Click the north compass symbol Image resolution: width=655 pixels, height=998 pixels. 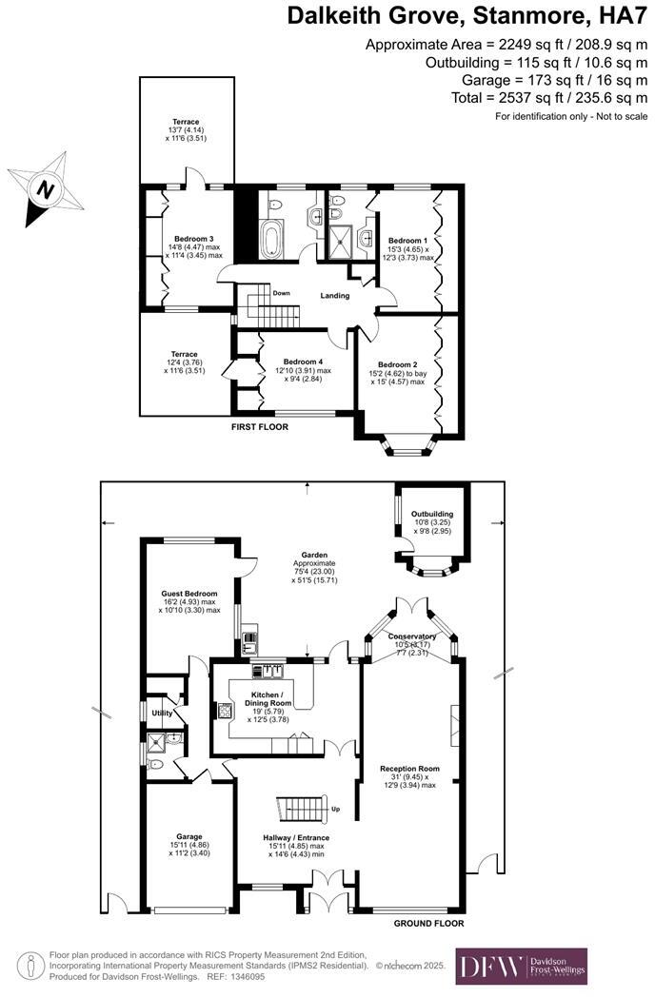pyautogui.click(x=43, y=189)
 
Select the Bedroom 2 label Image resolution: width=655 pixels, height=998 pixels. pyautogui.click(x=398, y=364)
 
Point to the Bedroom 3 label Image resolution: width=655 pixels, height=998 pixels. pyautogui.click(x=193, y=238)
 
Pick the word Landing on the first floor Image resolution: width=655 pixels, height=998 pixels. pyautogui.click(x=335, y=296)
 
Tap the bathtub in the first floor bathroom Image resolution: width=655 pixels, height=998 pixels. pyautogui.click(x=271, y=239)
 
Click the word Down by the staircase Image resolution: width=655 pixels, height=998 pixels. pyautogui.click(x=281, y=293)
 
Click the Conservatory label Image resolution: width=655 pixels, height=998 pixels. pyautogui.click(x=412, y=636)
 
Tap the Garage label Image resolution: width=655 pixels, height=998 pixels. pyautogui.click(x=189, y=836)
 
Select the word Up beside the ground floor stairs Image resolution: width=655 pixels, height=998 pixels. pyautogui.click(x=335, y=810)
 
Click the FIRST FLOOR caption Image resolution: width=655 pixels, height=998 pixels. pyautogui.click(x=260, y=427)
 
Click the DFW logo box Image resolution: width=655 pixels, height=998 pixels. pyautogui.click(x=521, y=966)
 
